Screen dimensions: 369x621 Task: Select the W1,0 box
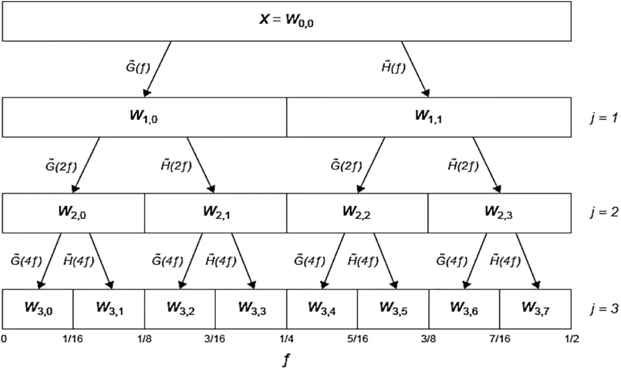(x=145, y=117)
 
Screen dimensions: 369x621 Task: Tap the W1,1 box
(x=429, y=117)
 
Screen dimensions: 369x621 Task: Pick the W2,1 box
(x=215, y=213)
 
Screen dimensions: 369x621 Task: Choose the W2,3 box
(x=499, y=213)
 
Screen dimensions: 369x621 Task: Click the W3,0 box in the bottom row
(x=38, y=308)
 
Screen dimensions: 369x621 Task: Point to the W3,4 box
(x=322, y=308)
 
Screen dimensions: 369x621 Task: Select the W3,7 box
(x=535, y=308)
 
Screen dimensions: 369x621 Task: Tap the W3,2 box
(x=180, y=308)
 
